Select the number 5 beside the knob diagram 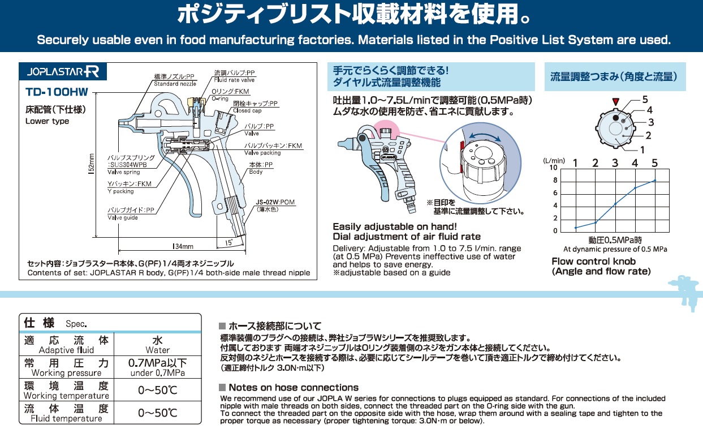click(645, 100)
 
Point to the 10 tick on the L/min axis click(554, 168)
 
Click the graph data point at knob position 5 click(654, 181)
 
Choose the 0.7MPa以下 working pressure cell click(157, 366)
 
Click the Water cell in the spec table click(157, 345)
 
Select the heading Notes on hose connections click(293, 388)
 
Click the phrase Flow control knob click(593, 261)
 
